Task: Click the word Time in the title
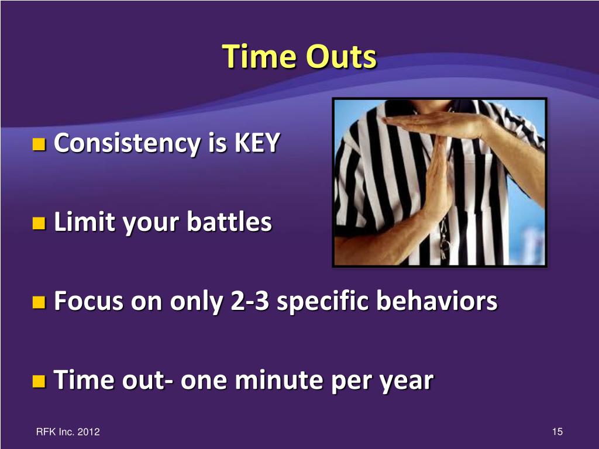click(x=259, y=56)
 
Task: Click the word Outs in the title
click(x=341, y=57)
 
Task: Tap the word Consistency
click(x=128, y=144)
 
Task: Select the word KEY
click(x=257, y=143)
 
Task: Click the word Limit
click(x=84, y=221)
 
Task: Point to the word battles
click(x=229, y=221)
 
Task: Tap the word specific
click(x=322, y=302)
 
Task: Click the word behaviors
click(x=436, y=301)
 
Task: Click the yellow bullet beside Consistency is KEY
click(x=39, y=144)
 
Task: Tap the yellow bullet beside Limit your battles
click(x=39, y=223)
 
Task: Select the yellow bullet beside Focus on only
click(x=39, y=302)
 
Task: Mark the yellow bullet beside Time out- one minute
click(x=39, y=381)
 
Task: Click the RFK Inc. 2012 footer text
click(x=68, y=432)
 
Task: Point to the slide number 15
click(x=557, y=432)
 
